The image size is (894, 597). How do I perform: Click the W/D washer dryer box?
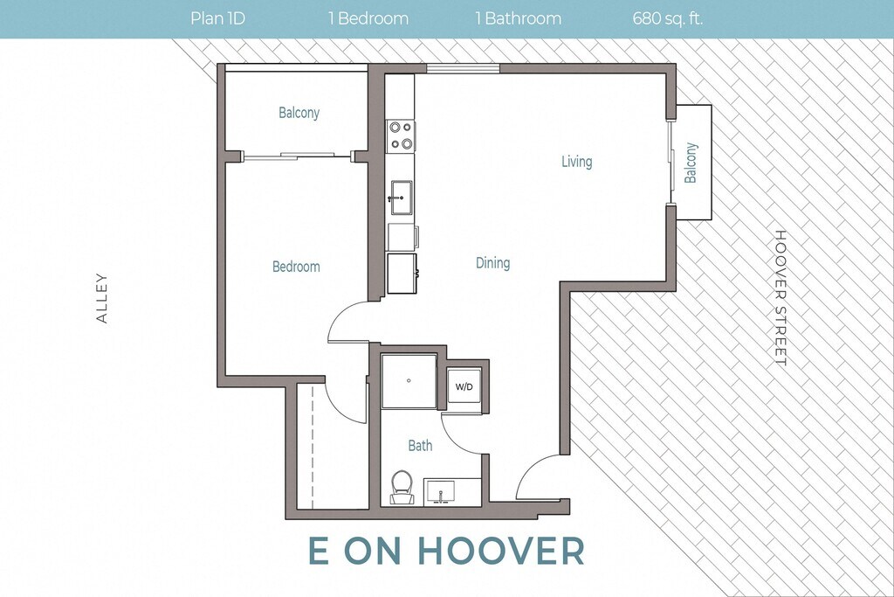(464, 386)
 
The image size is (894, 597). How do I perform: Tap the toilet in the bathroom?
(402, 488)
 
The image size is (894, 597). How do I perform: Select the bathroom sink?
(439, 491)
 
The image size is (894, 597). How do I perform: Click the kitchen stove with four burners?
(401, 136)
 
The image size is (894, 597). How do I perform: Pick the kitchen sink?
(402, 198)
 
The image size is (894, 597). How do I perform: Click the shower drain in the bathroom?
(409, 380)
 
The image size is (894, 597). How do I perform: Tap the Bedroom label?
(296, 267)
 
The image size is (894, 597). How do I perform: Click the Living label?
(577, 162)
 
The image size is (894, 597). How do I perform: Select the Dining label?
(492, 263)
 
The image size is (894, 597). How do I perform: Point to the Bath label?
(420, 445)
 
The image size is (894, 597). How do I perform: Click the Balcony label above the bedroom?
(299, 113)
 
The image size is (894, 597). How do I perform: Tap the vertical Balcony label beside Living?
(691, 163)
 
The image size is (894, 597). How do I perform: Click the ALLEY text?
(102, 298)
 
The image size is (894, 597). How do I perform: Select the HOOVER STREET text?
(780, 298)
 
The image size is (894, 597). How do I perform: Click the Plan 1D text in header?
(217, 19)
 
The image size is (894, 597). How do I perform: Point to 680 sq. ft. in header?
(668, 19)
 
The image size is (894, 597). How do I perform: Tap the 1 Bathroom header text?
(519, 19)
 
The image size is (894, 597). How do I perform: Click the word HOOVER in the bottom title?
(502, 550)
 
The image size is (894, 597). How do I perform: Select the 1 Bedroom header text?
(368, 19)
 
